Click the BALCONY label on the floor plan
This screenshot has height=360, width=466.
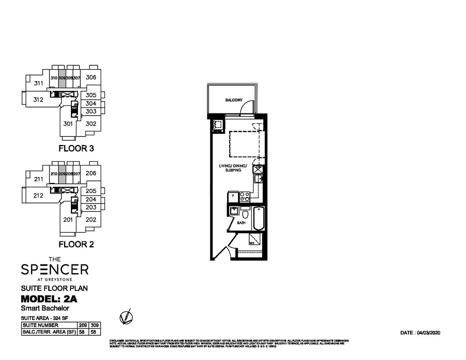click(233, 100)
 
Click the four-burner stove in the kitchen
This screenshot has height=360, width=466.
click(245, 196)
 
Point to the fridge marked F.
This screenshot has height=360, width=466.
click(233, 196)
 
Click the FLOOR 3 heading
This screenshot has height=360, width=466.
click(76, 149)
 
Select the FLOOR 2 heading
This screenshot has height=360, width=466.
click(76, 245)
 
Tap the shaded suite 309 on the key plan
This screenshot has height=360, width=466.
click(62, 78)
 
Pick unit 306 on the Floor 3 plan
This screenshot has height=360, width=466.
click(90, 77)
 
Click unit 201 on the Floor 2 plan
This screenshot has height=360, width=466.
click(67, 220)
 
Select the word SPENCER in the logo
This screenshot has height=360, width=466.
click(55, 269)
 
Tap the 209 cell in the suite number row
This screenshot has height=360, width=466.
click(83, 325)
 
